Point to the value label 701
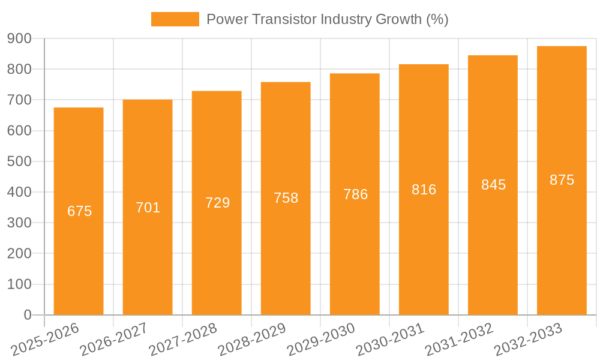148,208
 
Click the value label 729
217,203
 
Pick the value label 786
355,194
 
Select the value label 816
424,190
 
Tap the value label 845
493,185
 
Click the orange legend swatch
175,19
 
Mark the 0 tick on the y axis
27,315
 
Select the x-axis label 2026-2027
114,340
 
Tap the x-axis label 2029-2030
321,340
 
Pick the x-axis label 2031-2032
459,340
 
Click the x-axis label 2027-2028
183,340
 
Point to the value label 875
562,180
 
